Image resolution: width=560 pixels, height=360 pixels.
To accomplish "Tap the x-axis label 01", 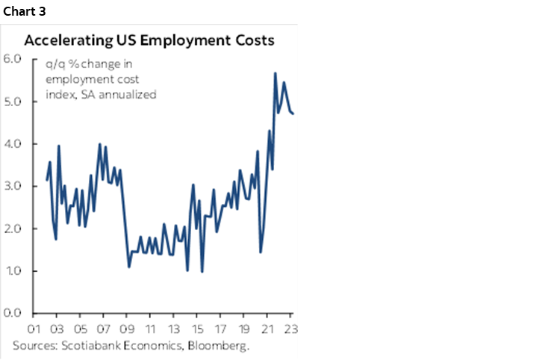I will [x=33, y=329].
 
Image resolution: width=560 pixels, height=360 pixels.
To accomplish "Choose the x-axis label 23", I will [x=290, y=329].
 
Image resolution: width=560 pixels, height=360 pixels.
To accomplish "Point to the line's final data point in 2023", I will [x=293, y=114].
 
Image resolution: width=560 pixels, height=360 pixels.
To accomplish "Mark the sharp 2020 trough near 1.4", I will [x=261, y=252].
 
